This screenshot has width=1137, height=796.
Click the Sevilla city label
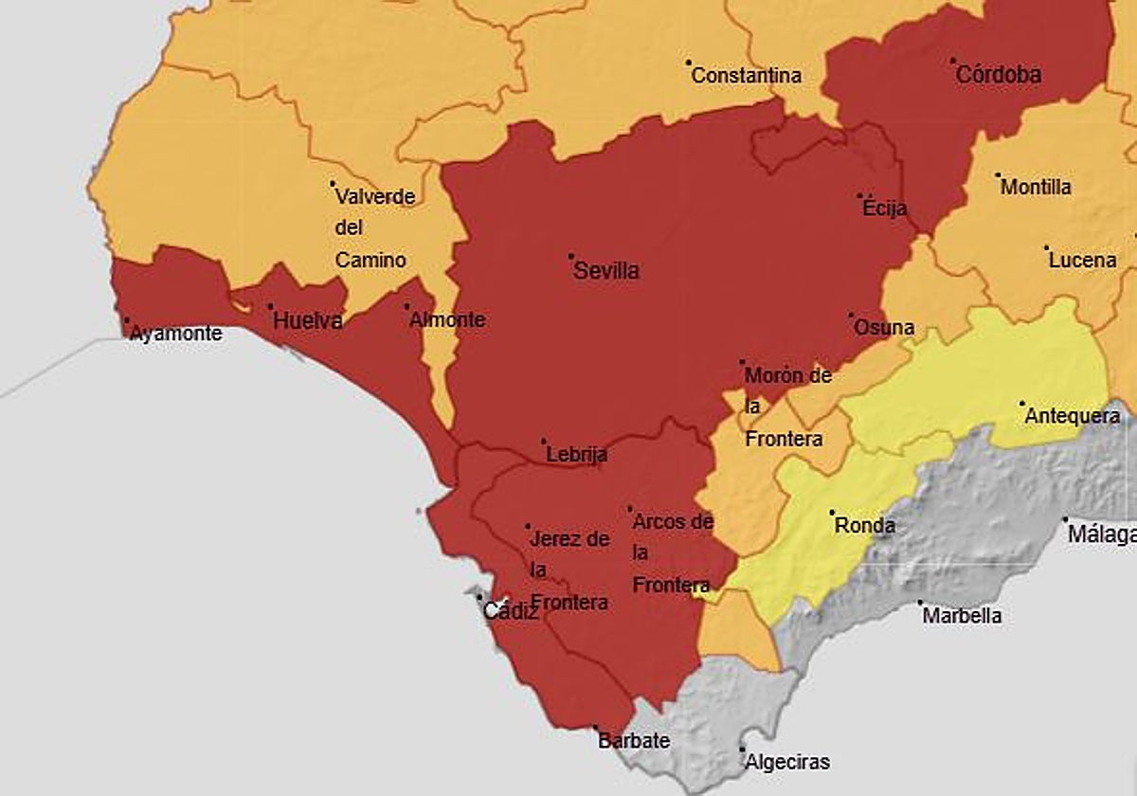606,271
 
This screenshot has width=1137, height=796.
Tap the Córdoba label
999,75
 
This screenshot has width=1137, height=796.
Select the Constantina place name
747,76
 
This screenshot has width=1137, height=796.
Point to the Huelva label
307,321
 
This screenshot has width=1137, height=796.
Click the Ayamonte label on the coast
176,334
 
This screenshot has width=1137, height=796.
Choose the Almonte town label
447,320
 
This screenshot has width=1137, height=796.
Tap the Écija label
885,208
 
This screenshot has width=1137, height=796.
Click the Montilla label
1037,188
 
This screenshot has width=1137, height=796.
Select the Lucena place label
1082,260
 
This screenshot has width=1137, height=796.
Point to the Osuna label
884,328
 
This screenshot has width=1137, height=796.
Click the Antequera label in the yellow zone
1073,416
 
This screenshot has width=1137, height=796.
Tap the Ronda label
864,525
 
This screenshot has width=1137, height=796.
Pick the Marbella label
962,616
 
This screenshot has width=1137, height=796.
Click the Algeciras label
787,762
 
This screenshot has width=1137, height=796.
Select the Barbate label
634,741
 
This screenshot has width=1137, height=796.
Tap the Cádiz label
511,612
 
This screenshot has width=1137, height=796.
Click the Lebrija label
577,455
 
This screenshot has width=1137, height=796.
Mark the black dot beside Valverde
333,184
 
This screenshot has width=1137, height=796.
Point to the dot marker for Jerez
528,526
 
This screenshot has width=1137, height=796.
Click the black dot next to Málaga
1065,520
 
